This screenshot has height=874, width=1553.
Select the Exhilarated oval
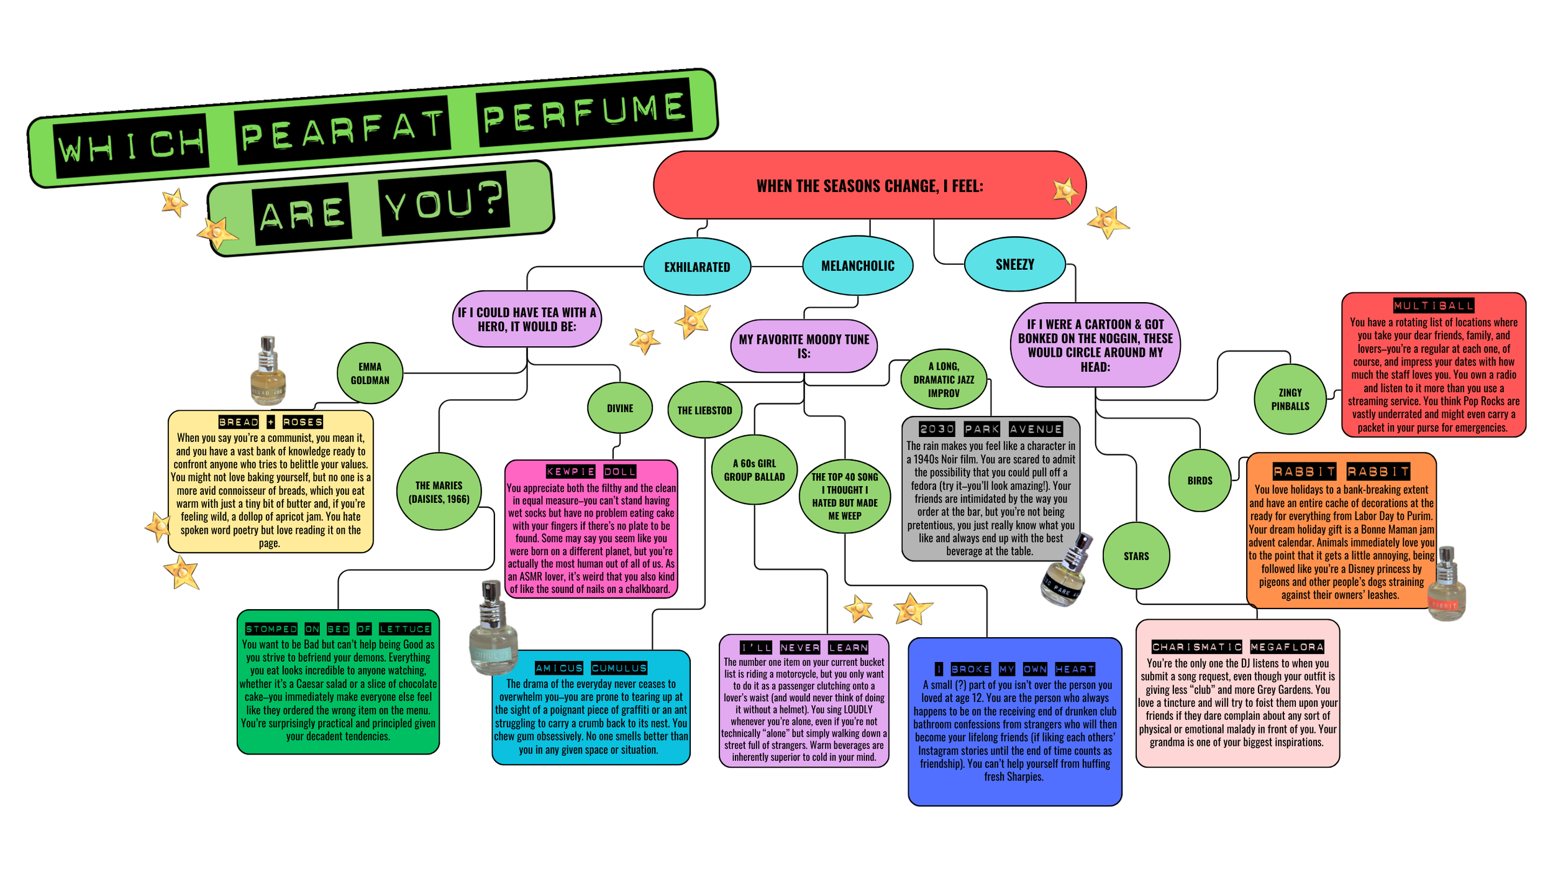(x=697, y=267)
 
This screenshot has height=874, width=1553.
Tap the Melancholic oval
(x=857, y=265)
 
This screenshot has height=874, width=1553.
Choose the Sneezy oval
(x=1014, y=264)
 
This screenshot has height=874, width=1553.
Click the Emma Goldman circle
(x=370, y=373)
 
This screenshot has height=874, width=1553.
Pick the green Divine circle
(x=619, y=408)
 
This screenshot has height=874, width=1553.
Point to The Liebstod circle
(x=704, y=410)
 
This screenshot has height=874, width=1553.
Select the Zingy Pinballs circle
(x=1290, y=399)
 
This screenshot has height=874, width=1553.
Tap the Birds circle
(x=1200, y=481)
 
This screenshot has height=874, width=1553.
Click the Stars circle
(x=1136, y=556)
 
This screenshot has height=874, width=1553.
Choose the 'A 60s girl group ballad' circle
(x=754, y=470)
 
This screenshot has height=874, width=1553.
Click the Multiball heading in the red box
(x=1433, y=305)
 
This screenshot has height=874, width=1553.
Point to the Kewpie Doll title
(x=591, y=471)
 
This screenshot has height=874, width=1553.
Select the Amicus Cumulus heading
(x=591, y=668)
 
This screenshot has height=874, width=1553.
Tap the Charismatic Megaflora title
(x=1237, y=646)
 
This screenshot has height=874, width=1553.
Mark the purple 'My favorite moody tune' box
(x=804, y=346)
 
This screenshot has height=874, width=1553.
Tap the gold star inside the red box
(x=1065, y=191)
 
